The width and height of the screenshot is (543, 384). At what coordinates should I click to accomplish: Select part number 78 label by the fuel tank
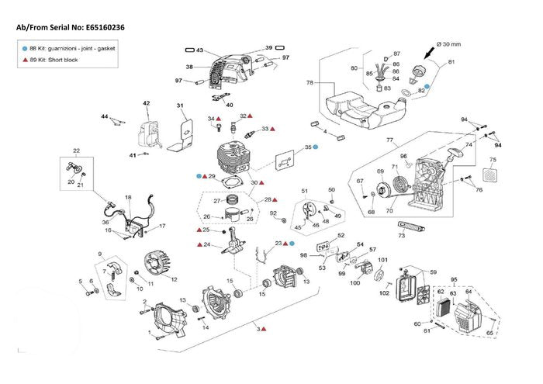click(310, 82)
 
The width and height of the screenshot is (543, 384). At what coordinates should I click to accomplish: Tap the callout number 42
click(146, 102)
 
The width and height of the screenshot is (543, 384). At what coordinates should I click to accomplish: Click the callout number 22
click(76, 150)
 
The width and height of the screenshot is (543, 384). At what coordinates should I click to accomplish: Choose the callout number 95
click(455, 279)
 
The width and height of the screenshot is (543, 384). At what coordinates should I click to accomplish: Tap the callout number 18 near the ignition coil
click(128, 198)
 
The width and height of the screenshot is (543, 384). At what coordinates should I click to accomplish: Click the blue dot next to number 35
click(316, 147)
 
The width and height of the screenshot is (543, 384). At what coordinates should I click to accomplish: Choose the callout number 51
click(305, 190)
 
